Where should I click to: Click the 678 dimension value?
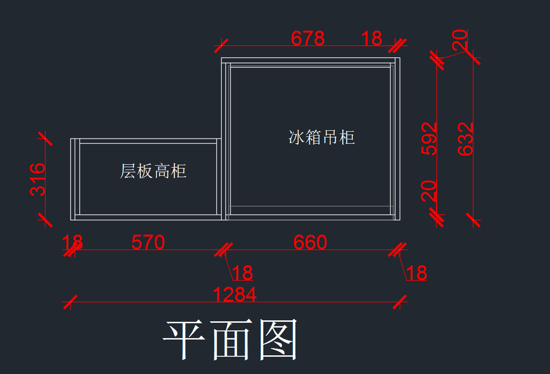308,39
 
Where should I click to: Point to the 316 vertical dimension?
38,179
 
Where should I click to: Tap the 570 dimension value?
148,242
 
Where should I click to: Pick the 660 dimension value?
310,242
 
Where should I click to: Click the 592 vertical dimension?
429,138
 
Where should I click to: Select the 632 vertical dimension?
466,138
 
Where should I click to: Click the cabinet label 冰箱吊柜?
322,137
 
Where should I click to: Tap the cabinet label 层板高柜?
153,171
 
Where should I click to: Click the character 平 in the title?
185,340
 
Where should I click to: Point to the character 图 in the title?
279,340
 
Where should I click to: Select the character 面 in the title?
232,340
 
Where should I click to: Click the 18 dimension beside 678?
371,39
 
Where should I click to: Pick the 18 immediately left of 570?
72,242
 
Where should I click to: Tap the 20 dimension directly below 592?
429,191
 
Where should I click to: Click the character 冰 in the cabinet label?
297,137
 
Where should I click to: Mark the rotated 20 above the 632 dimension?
460,40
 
